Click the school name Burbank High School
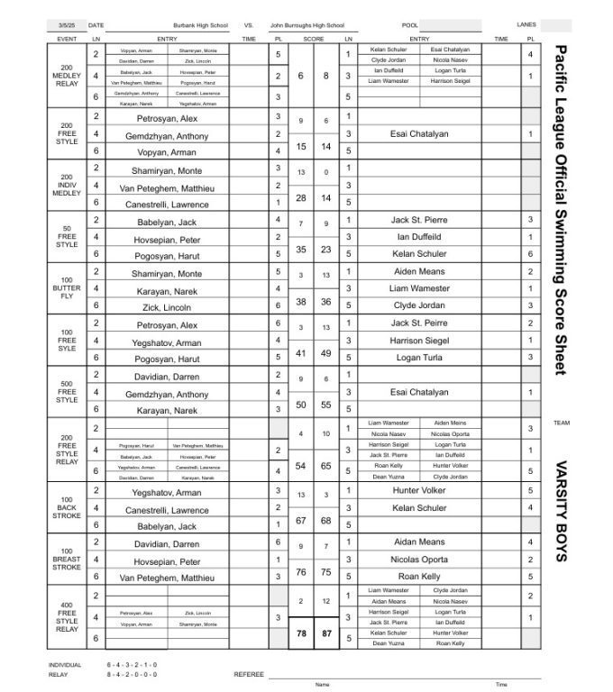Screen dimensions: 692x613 201,26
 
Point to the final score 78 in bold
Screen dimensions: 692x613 301,633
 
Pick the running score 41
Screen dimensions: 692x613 301,353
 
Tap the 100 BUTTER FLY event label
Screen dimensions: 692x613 69,288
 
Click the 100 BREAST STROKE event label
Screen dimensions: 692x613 69,560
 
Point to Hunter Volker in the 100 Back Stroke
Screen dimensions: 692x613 419,491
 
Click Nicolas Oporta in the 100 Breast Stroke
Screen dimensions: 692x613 419,559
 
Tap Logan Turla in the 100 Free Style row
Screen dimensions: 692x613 419,358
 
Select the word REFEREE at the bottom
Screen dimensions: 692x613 248,673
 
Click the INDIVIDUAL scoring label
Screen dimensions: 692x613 65,665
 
